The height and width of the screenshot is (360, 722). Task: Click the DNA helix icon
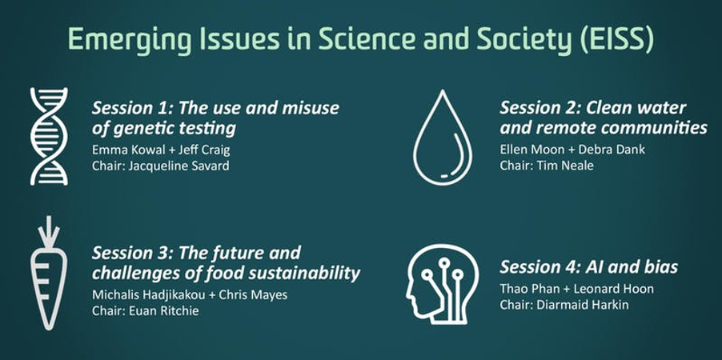pos(49,136)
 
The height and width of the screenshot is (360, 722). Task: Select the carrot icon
pos(49,273)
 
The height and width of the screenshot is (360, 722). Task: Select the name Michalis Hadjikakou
pos(149,294)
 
